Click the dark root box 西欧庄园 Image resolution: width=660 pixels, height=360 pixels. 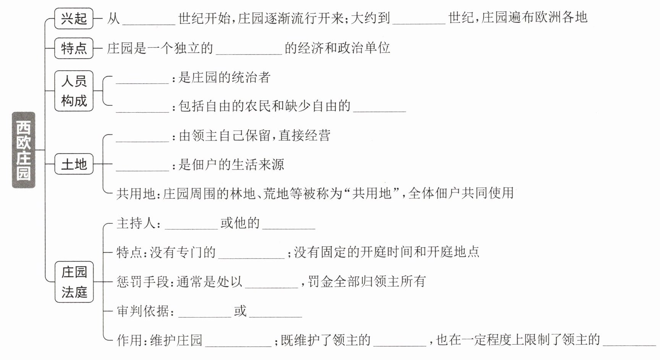click(24, 150)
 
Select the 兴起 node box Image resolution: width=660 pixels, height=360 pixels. click(74, 18)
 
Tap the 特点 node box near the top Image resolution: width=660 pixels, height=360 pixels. click(74, 48)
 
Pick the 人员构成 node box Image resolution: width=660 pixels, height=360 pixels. click(74, 91)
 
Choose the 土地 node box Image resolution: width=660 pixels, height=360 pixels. click(74, 164)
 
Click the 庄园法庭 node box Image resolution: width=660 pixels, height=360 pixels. click(74, 282)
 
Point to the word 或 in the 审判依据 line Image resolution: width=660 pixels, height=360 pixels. click(240, 311)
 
